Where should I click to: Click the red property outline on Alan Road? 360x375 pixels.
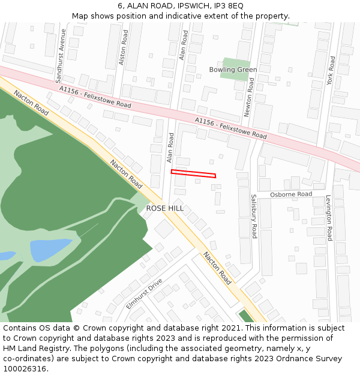click(x=193, y=174)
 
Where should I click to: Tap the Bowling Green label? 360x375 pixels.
click(x=233, y=70)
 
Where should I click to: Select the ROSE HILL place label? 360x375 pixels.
click(x=165, y=208)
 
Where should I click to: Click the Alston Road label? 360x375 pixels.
click(x=124, y=47)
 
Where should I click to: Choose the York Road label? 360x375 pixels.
click(x=331, y=71)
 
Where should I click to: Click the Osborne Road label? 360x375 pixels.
click(x=291, y=194)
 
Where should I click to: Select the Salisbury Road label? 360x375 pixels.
click(x=254, y=216)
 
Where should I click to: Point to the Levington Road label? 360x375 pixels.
click(x=329, y=218)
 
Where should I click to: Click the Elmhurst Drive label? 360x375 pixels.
click(x=144, y=294)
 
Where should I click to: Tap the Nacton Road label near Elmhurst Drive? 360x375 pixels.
click(x=217, y=267)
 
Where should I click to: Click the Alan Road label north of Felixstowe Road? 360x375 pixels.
click(x=184, y=46)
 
